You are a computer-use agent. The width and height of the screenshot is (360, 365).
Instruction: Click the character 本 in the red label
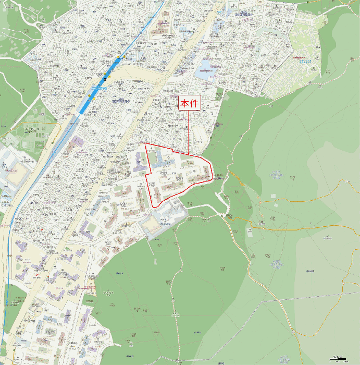(x=185, y=104)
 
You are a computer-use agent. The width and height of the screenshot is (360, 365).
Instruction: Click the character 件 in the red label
(x=194, y=104)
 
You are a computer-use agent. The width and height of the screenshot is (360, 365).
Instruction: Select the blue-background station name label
(x=98, y=89)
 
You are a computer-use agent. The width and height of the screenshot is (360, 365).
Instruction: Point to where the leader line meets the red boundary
(x=189, y=154)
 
